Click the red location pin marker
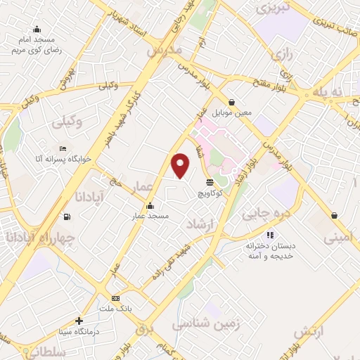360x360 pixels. point(181,166)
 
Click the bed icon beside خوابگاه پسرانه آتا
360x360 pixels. point(63,149)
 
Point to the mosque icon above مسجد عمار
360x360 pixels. point(149,206)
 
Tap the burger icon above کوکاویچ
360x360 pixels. point(210,182)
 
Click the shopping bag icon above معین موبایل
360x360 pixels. point(232,102)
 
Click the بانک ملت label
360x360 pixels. point(116,307)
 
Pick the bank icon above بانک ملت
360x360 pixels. point(115,297)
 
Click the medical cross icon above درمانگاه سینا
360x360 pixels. point(79,321)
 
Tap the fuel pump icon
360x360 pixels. point(67,217)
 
